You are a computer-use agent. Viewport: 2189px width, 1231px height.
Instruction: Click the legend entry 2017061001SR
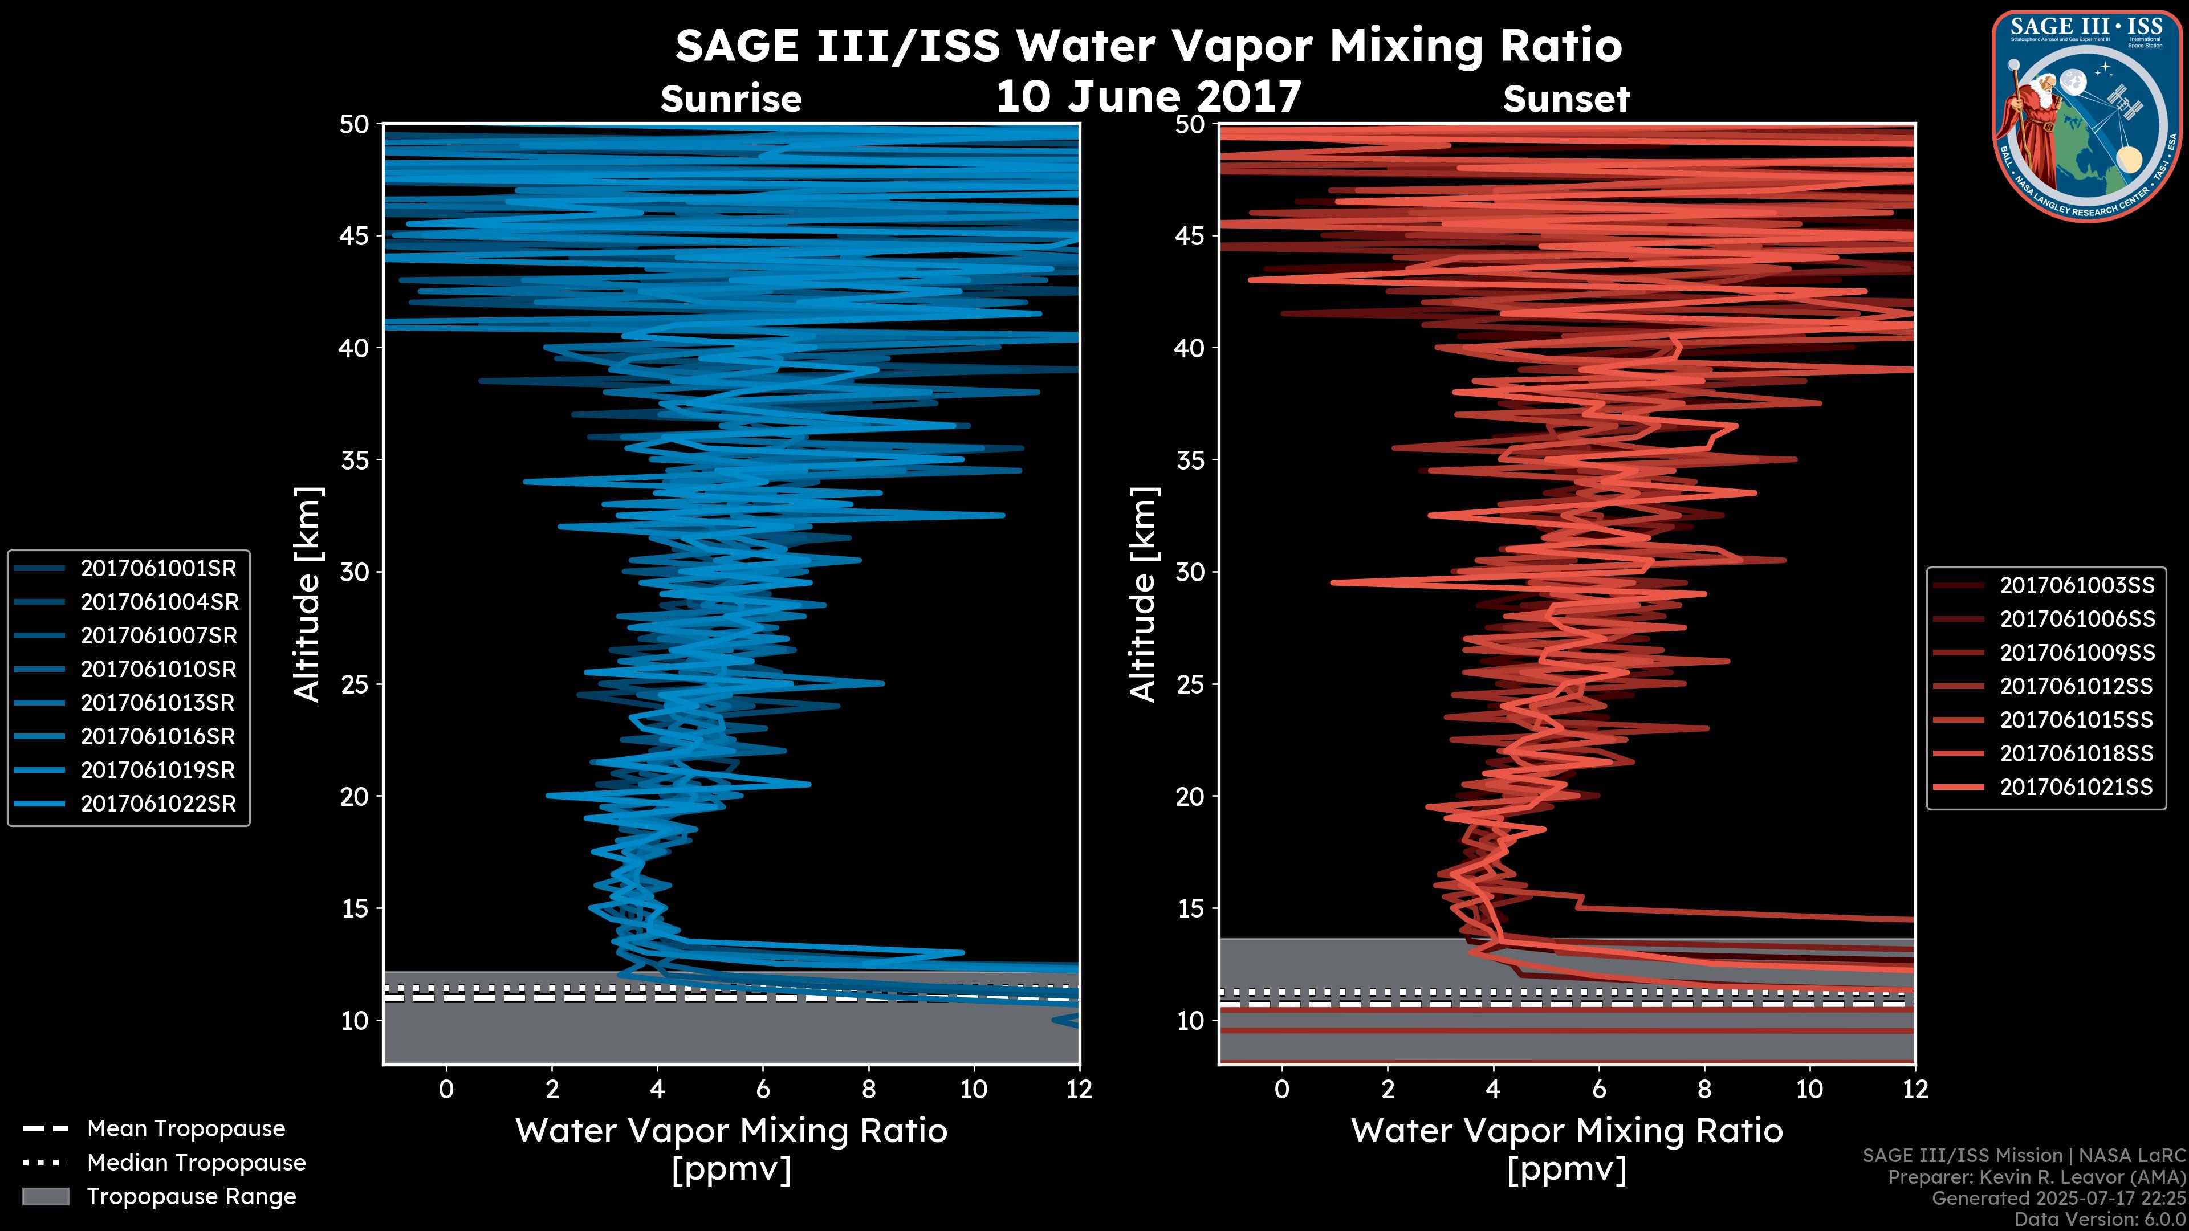(x=158, y=568)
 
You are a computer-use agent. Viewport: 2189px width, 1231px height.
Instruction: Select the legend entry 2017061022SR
(x=158, y=804)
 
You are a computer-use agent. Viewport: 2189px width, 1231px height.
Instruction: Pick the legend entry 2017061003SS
(x=2077, y=585)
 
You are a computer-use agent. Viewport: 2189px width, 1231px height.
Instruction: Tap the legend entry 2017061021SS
(x=2077, y=788)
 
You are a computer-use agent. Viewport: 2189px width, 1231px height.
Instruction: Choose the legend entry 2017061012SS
(x=2077, y=686)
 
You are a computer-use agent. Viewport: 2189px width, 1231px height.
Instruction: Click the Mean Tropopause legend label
(x=186, y=1129)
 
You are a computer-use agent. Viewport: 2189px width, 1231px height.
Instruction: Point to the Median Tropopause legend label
(x=196, y=1163)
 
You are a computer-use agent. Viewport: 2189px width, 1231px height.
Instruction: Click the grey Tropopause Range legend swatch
(x=46, y=1197)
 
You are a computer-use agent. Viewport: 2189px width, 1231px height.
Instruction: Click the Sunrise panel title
(x=731, y=99)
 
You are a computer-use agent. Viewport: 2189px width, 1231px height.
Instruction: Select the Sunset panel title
(x=1566, y=99)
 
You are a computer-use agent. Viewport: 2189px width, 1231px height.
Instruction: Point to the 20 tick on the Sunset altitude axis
(x=1190, y=797)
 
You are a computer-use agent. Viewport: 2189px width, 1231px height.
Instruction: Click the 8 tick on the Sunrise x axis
(x=868, y=1089)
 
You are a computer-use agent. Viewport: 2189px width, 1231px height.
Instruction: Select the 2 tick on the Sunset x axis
(x=1388, y=1089)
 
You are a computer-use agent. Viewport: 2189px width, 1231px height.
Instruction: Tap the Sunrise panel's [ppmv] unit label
(x=731, y=1170)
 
